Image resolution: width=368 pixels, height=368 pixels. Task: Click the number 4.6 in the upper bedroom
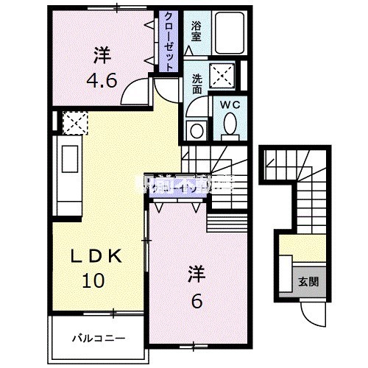102,79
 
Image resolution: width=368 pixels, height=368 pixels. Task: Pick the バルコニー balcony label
98,339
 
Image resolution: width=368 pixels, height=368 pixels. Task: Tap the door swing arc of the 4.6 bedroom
135,94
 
